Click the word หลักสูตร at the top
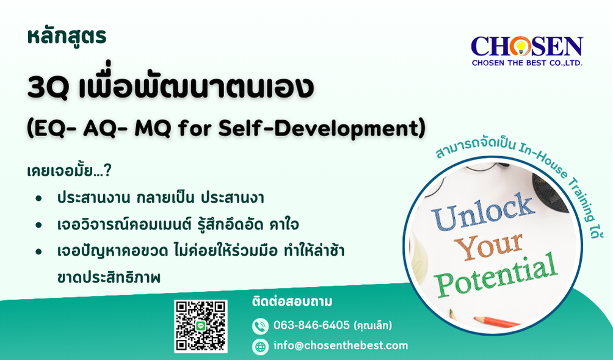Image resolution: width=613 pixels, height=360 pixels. (67, 37)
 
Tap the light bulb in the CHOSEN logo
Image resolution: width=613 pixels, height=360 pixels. (520, 46)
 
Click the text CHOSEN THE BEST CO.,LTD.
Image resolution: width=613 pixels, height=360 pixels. (526, 63)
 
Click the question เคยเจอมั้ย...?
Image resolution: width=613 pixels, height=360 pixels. (69, 171)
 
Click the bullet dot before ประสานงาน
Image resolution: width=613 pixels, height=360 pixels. (38, 198)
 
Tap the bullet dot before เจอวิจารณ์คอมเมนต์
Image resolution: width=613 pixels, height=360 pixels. (38, 225)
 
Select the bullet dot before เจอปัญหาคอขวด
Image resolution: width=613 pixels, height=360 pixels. (38, 251)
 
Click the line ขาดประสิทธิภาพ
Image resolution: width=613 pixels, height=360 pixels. (109, 277)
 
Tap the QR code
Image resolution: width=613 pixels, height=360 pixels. (200, 326)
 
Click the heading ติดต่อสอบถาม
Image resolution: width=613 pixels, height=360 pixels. (292, 302)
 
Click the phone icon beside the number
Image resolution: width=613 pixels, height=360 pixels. (260, 326)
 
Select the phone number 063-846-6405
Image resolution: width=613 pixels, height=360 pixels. (311, 325)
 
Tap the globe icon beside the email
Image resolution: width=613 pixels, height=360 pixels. (260, 347)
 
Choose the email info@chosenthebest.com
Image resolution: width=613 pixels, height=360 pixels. (341, 345)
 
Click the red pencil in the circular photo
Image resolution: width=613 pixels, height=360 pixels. (497, 322)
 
